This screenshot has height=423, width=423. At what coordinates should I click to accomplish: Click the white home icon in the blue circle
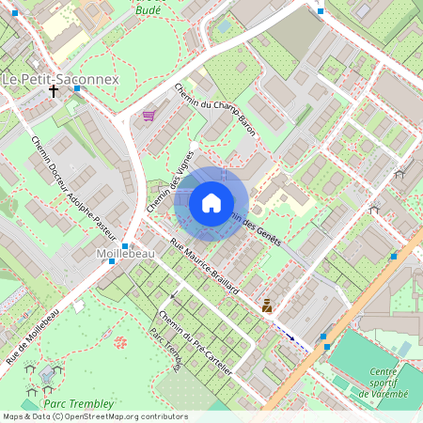pyautogui.click(x=211, y=202)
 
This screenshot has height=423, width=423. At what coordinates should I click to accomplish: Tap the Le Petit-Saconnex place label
pyautogui.click(x=60, y=80)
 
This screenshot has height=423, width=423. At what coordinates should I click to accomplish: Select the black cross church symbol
pyautogui.click(x=54, y=92)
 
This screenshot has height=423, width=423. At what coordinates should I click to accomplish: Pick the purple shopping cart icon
pyautogui.click(x=149, y=117)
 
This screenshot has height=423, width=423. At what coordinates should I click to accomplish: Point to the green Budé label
pyautogui.click(x=149, y=9)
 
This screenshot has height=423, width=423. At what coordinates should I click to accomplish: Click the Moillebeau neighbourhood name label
pyautogui.click(x=118, y=254)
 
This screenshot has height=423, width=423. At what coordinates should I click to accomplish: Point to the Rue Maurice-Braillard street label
pyautogui.click(x=203, y=269)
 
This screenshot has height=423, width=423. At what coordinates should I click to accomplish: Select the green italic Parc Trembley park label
pyautogui.click(x=83, y=403)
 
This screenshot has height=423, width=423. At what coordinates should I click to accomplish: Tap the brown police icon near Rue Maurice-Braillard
pyautogui.click(x=268, y=305)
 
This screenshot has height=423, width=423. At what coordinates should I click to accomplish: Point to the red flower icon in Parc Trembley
pyautogui.click(x=120, y=342)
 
